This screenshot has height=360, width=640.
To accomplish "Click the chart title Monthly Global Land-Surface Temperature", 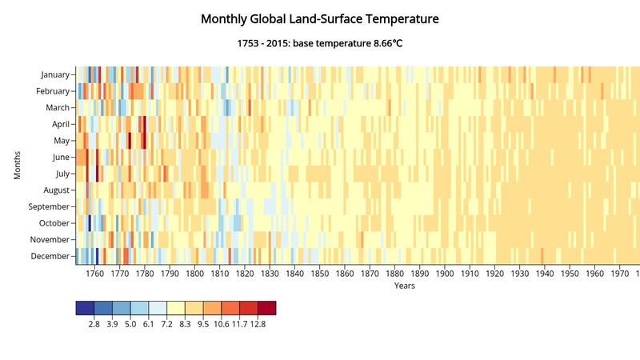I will [320, 18].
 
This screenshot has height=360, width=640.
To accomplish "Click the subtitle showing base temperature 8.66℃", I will [320, 42].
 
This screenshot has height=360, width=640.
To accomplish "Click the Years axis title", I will [404, 286].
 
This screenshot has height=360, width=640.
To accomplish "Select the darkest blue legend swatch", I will [85, 308].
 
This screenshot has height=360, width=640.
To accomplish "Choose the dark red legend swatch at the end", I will [266, 308].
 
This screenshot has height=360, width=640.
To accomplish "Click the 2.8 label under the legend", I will [94, 324].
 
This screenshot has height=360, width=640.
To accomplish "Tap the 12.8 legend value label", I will [258, 324].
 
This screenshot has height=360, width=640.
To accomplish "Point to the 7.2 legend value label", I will [166, 324].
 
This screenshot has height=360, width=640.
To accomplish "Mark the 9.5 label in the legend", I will [203, 324].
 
